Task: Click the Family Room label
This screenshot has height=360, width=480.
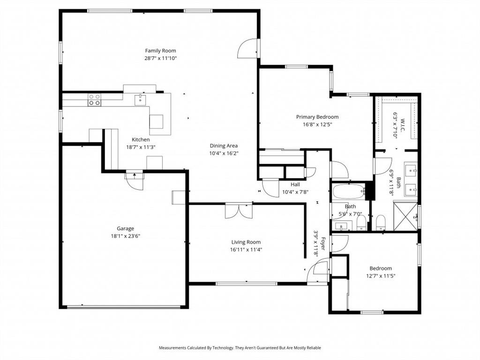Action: point(160,51)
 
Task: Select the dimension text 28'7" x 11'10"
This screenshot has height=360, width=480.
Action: point(160,58)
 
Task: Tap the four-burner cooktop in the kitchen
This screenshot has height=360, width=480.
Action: point(94,99)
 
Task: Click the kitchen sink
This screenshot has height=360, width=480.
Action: point(140,99)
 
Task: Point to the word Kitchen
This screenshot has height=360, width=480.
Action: point(141,140)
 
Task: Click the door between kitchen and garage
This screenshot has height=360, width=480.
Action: point(135,180)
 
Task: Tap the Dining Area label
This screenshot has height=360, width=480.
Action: point(224,146)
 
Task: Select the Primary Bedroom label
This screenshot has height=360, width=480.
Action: point(317,117)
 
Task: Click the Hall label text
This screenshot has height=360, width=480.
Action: point(295,185)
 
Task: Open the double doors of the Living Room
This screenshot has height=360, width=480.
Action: point(239,210)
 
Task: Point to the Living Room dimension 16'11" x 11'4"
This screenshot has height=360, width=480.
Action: point(246,249)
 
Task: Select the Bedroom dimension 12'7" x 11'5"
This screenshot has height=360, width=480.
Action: point(380,276)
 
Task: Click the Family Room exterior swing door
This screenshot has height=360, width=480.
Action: point(248,49)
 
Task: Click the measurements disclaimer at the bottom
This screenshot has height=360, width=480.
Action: point(240,348)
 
